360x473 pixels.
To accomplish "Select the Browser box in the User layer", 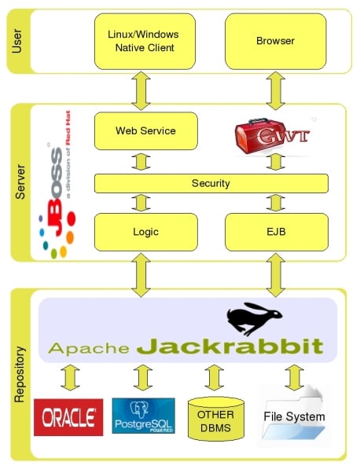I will [275, 41].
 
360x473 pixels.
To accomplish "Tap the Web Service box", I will [145, 130].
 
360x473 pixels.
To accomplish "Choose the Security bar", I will [211, 183].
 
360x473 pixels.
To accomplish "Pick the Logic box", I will [145, 232].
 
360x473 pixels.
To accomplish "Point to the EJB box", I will [275, 232].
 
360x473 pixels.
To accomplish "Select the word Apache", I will [88, 347].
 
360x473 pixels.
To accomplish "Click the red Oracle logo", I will [68, 416].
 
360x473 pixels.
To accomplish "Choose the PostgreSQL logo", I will [143, 416].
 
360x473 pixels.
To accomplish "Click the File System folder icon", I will [295, 416].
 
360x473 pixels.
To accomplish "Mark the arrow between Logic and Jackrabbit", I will [141, 274].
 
